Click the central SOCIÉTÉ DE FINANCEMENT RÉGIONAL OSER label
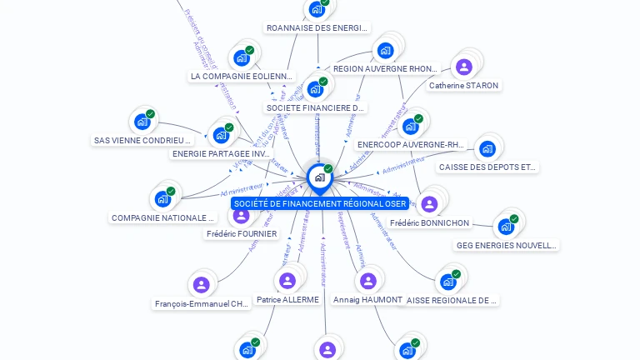point(320,203)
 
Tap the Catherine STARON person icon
point(464,67)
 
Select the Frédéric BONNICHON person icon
point(429,204)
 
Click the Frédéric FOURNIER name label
point(242,234)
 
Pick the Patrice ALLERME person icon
point(287,281)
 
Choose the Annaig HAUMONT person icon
point(367,281)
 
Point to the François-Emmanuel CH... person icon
point(201,285)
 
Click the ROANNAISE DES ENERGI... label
point(317,27)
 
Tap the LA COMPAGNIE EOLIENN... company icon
point(242,57)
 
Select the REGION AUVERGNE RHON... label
point(385,68)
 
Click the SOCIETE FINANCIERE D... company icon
point(315,88)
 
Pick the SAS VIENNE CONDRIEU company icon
point(142,122)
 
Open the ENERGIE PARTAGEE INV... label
point(222,153)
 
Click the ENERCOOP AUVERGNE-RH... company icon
point(410,126)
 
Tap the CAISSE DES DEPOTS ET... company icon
point(487,148)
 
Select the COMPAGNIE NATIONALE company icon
point(162,199)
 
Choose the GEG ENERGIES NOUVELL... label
point(506,245)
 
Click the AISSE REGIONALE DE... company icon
point(448,282)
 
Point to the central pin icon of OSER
point(319,177)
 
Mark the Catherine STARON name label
point(463,85)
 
